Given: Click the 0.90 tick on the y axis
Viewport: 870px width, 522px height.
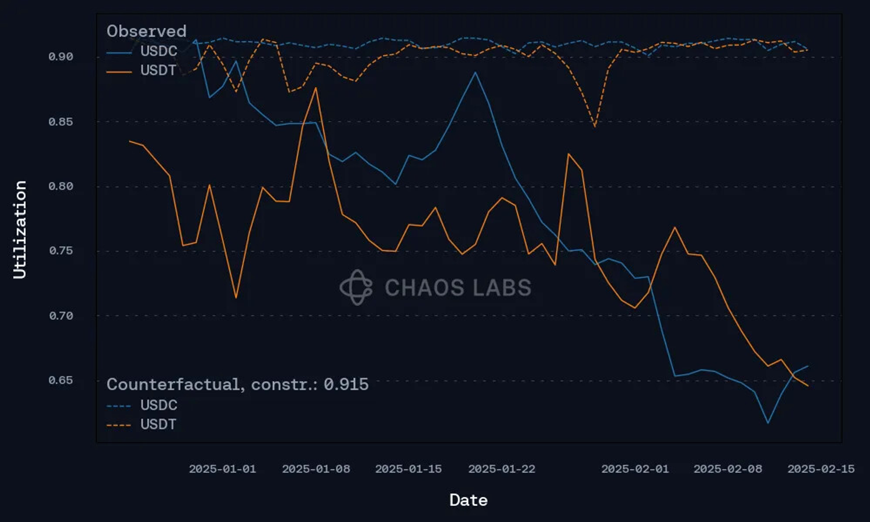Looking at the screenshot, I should tap(61, 57).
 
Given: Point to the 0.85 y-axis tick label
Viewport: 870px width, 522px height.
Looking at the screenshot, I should tap(61, 122).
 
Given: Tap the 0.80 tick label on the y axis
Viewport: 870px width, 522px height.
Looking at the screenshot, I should tap(61, 186).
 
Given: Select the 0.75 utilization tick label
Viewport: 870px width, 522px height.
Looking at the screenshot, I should tap(61, 251).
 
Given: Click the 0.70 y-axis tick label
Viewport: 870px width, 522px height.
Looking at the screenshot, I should tap(61, 316).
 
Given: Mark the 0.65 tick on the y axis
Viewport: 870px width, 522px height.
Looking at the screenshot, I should tap(61, 380).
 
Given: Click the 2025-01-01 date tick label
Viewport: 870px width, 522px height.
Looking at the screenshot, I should tap(222, 469).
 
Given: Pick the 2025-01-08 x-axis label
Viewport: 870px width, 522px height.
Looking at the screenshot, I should tap(316, 469).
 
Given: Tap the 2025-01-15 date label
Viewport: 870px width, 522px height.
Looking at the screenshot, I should tap(408, 469).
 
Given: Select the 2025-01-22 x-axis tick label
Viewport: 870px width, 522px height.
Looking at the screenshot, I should tap(502, 469).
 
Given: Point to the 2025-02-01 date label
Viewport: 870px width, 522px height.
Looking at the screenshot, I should tap(635, 469).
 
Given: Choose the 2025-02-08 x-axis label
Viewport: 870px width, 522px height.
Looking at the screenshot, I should tap(728, 469).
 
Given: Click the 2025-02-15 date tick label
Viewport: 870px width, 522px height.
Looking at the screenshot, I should tap(821, 469).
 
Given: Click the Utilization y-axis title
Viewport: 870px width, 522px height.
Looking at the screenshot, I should tap(20, 230).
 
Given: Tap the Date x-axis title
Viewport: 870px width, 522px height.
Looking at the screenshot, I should tap(469, 500).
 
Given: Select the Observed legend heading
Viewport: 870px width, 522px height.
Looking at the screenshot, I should tap(146, 31).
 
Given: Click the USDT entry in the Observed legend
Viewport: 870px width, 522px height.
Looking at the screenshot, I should tap(158, 70).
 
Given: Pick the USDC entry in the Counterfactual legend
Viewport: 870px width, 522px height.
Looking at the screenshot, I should tap(158, 405).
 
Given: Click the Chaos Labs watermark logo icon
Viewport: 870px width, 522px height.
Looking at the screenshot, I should tap(356, 287).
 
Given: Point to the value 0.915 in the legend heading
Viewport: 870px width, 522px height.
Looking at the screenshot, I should tap(346, 385).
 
